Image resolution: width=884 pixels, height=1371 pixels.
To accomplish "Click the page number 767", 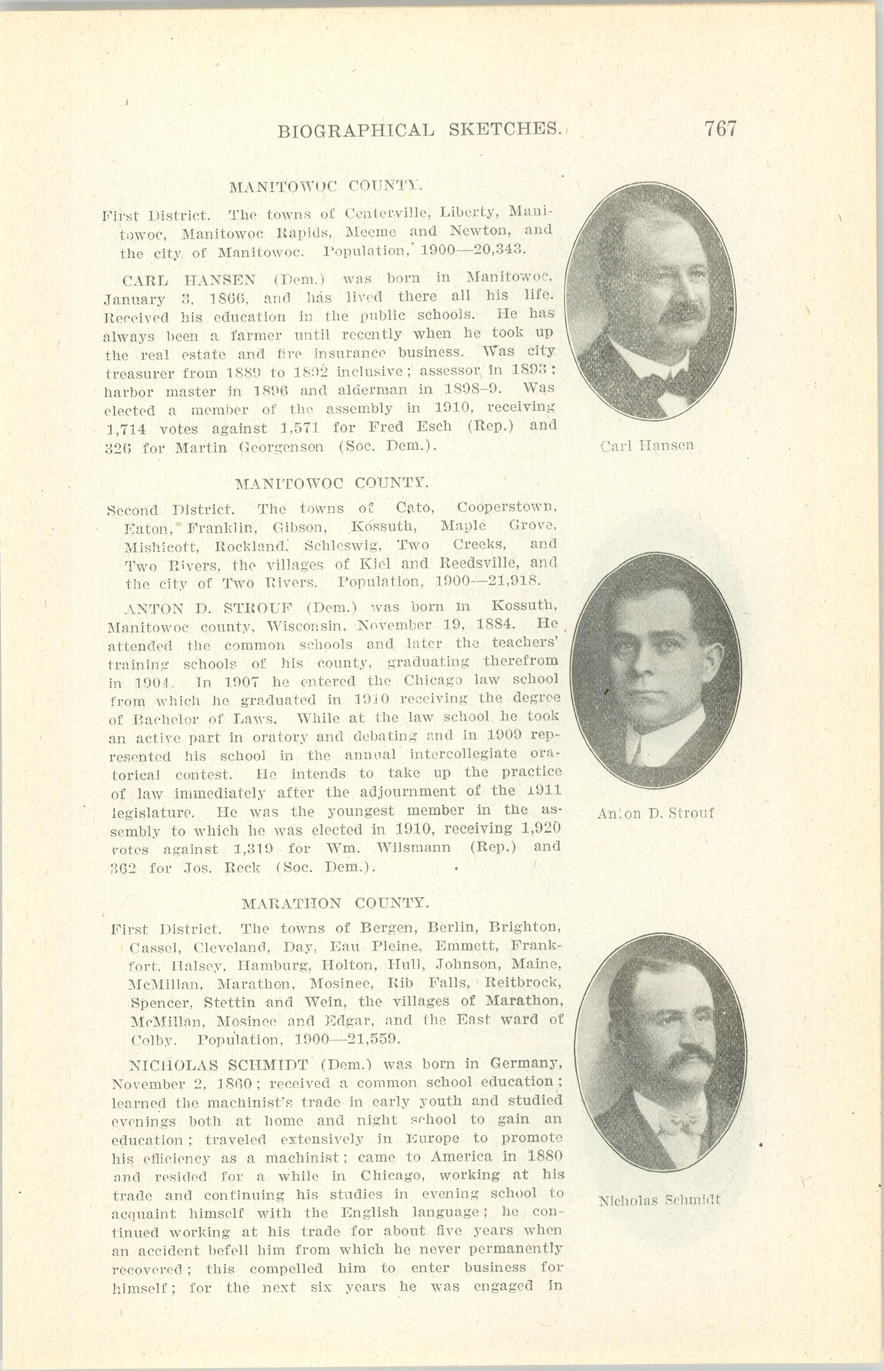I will click(720, 129).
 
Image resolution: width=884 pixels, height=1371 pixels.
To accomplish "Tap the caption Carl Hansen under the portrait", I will click(647, 445).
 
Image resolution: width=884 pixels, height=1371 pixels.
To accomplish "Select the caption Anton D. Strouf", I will click(655, 813).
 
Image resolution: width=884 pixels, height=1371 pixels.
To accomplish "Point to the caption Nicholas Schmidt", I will click(659, 1200).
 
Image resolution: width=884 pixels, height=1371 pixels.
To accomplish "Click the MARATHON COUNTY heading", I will click(335, 903).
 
